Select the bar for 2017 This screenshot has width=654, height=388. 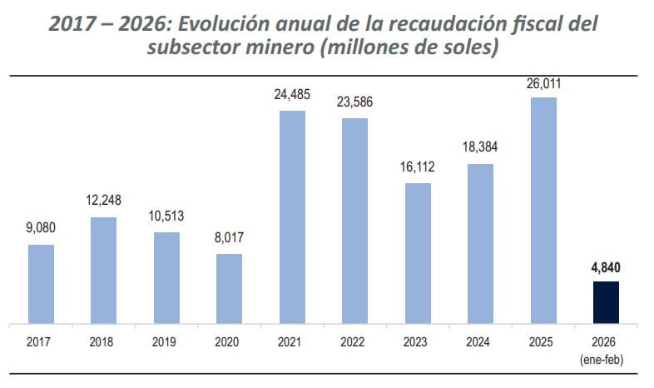(x=41, y=284)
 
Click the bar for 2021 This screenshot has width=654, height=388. (x=292, y=216)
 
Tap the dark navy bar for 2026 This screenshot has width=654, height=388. (x=606, y=302)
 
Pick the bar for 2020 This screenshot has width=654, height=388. (x=229, y=288)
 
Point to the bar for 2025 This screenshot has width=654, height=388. (x=543, y=210)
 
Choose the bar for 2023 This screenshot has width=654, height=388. (x=418, y=253)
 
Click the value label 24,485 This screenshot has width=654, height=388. (x=292, y=95)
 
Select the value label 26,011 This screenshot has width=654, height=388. (x=543, y=82)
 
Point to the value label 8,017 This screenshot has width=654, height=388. (x=229, y=238)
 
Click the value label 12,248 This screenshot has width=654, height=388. (x=104, y=201)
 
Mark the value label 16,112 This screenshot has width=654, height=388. (x=418, y=167)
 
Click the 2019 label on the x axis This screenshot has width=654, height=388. (x=166, y=341)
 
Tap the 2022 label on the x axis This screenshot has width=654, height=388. (x=354, y=341)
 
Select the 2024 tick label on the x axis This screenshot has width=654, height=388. (x=480, y=341)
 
